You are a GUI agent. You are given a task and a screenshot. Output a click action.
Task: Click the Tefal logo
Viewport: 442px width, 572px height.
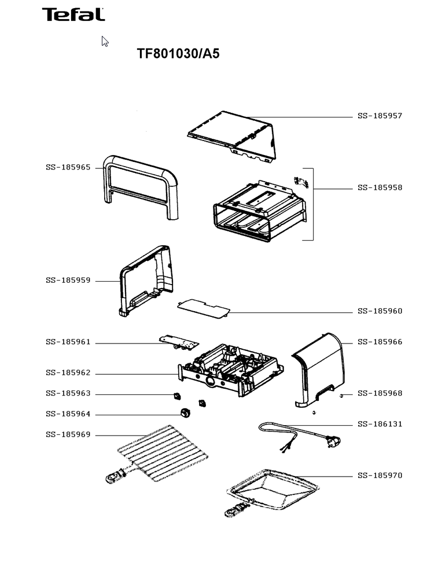[73, 14]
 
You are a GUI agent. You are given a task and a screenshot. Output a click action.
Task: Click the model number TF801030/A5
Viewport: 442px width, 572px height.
[178, 54]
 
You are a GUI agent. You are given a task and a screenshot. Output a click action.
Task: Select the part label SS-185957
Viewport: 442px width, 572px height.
[380, 116]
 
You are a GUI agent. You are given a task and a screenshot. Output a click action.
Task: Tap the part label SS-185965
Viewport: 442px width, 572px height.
[68, 168]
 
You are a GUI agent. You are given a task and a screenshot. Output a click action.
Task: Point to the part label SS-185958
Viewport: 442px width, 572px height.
[380, 188]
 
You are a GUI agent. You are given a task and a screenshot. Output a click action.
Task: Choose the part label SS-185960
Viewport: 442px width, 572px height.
[380, 312]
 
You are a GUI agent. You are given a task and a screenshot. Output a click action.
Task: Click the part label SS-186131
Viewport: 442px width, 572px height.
[380, 425]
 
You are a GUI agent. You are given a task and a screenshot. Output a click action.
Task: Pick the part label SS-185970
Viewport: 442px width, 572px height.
[380, 476]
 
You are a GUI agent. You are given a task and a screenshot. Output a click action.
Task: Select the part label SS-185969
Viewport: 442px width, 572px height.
[68, 435]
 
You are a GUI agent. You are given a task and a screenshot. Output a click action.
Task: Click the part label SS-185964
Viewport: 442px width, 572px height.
[68, 415]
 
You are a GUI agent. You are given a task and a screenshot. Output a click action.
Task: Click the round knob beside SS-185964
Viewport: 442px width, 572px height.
[185, 413]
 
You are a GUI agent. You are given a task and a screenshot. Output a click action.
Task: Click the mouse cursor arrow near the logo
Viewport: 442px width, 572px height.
[105, 41]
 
